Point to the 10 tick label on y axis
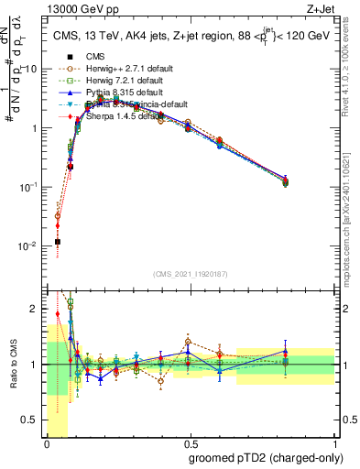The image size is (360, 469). [x=30, y=70]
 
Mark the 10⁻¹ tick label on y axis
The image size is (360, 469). [x=27, y=187]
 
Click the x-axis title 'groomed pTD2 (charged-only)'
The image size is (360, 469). [x=262, y=457]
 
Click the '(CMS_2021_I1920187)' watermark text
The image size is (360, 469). [x=190, y=275]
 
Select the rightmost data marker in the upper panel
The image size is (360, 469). [x=311, y=182]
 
